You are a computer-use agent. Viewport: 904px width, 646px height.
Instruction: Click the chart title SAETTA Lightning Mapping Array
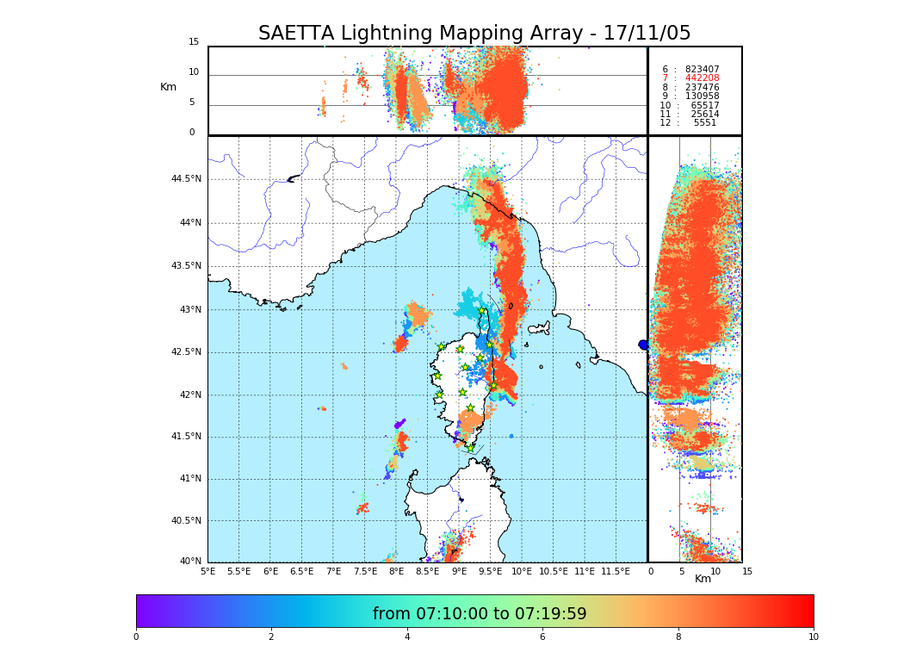click(x=474, y=34)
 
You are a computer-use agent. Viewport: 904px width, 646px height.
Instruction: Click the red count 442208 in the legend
click(x=702, y=78)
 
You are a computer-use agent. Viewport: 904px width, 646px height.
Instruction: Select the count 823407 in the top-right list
click(x=702, y=69)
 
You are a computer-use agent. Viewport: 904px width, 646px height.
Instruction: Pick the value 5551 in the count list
click(x=704, y=123)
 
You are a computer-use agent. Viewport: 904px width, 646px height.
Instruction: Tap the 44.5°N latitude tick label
click(x=186, y=179)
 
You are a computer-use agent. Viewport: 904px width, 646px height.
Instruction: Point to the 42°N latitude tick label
click(x=189, y=394)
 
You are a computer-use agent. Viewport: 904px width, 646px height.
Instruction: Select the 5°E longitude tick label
click(x=207, y=571)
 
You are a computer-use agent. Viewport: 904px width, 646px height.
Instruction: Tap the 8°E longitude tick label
click(x=396, y=571)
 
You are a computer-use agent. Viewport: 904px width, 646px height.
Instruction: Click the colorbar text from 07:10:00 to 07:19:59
click(x=480, y=614)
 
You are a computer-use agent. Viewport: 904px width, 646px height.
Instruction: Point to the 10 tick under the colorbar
click(x=813, y=637)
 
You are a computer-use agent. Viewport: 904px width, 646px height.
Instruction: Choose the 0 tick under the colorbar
click(x=136, y=637)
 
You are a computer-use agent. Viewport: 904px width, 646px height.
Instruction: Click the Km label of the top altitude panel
click(x=168, y=87)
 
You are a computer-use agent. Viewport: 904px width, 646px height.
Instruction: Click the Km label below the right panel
click(x=703, y=579)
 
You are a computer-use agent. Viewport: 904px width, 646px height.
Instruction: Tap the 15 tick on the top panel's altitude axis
click(x=194, y=42)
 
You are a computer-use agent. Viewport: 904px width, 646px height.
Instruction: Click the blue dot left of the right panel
click(x=643, y=345)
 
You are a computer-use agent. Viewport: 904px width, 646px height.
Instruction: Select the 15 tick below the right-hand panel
click(x=747, y=571)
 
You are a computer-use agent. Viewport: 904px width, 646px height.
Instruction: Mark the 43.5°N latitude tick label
click(x=186, y=265)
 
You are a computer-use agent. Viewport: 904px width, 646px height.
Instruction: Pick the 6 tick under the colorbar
click(x=542, y=637)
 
